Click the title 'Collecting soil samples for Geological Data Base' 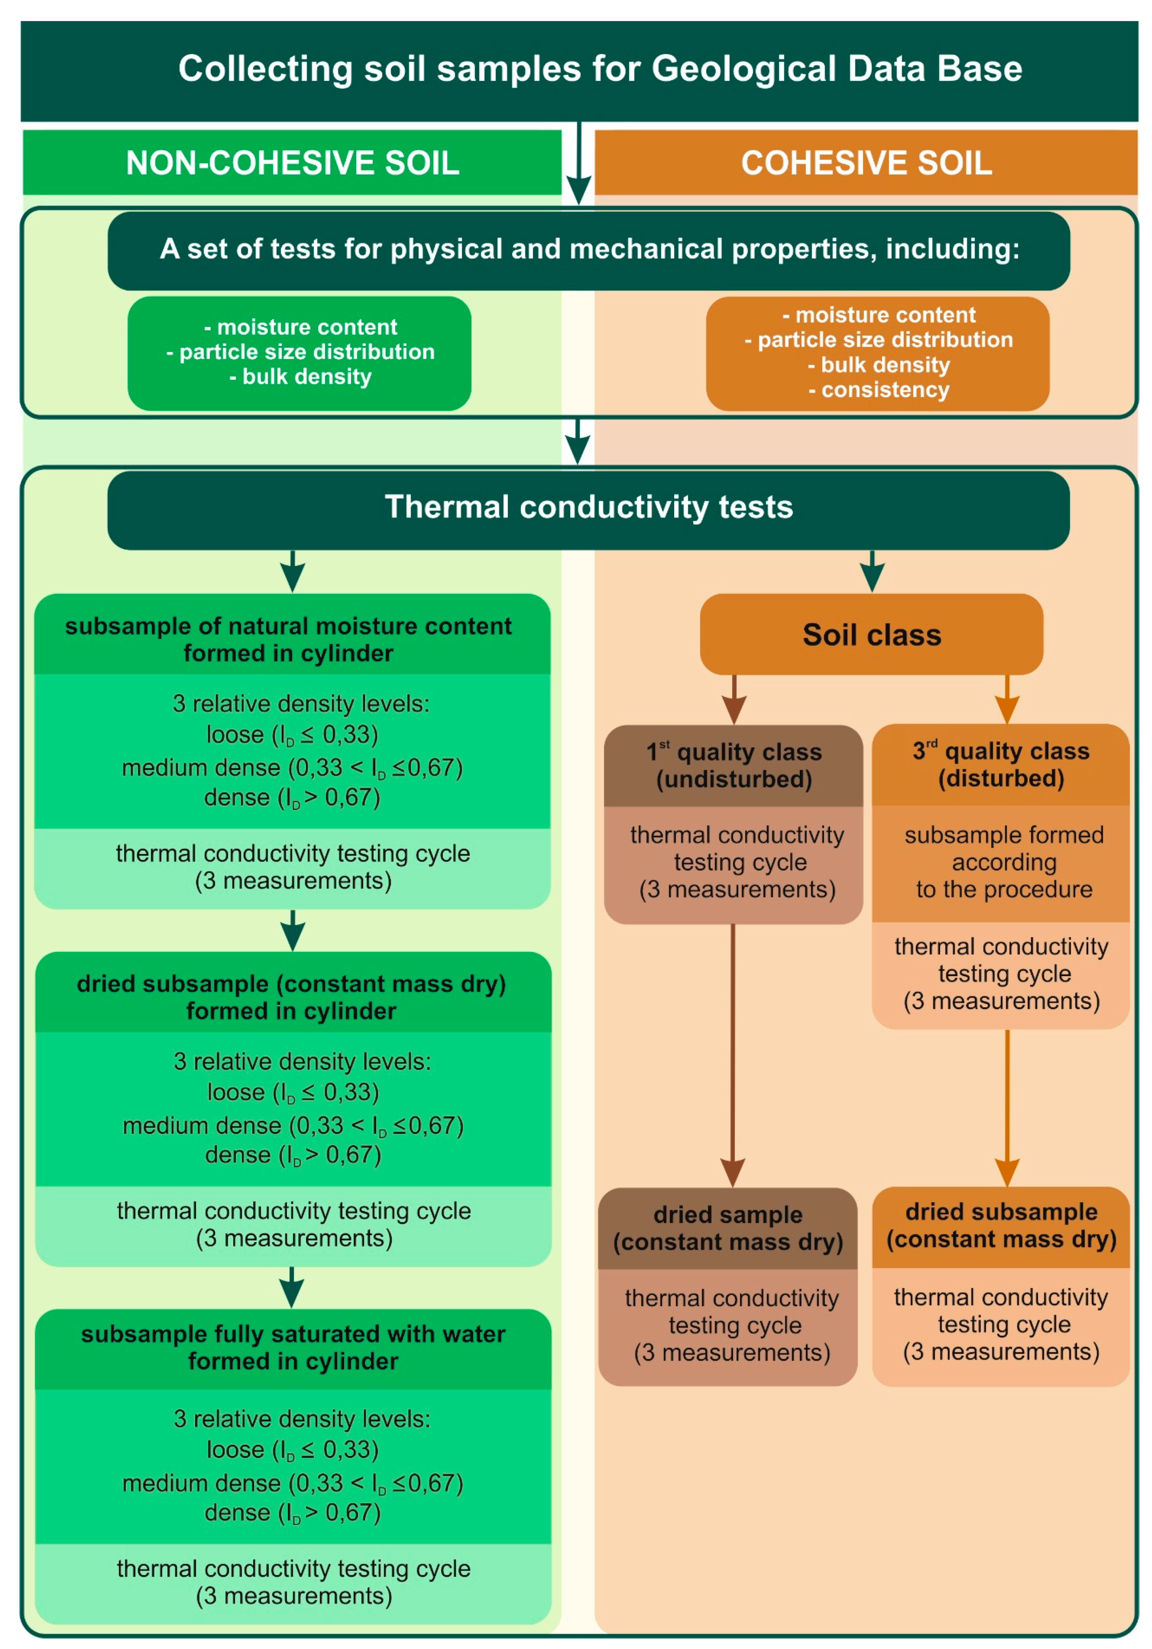600,69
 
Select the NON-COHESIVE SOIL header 292,163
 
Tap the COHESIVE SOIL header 866,163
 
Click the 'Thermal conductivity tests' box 588,507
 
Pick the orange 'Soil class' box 871,635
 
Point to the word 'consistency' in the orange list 885,390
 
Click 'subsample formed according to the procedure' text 1003,862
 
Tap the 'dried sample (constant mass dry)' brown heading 728,1228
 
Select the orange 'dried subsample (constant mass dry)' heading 1001,1225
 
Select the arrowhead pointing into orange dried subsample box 1007,1172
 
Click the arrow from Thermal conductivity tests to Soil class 872,572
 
